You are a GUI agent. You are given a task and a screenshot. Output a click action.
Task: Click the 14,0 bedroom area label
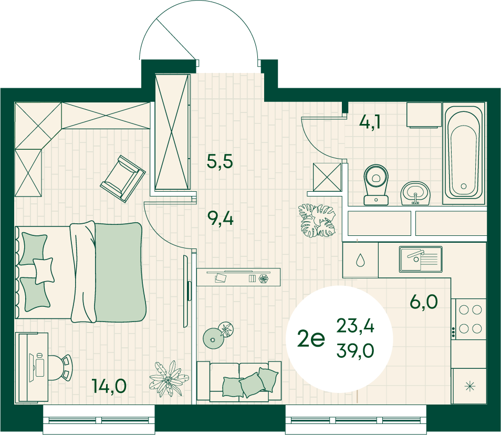(109, 386)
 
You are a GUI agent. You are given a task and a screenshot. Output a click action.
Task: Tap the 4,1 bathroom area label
(370, 122)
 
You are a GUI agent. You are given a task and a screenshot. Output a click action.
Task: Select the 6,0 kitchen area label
(424, 302)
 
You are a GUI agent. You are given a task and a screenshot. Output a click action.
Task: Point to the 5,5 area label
(220, 161)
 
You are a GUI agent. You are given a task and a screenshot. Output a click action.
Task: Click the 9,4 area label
(220, 219)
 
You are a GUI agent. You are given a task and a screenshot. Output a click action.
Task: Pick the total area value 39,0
(356, 350)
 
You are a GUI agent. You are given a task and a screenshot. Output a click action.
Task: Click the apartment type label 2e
(311, 338)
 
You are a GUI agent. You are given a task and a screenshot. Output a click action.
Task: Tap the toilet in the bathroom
(376, 185)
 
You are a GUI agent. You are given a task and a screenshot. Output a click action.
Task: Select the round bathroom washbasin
(416, 193)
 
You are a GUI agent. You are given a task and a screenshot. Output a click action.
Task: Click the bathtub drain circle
(463, 186)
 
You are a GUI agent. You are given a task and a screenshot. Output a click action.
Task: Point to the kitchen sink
(421, 259)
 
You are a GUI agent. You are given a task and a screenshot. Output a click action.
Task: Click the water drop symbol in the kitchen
(360, 260)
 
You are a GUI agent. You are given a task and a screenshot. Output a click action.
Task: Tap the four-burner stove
(468, 319)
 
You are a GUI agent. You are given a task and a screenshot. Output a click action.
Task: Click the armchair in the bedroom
(123, 179)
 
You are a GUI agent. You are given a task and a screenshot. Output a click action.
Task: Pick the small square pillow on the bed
(44, 271)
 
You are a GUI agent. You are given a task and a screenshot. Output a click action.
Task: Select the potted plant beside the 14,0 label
(169, 379)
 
